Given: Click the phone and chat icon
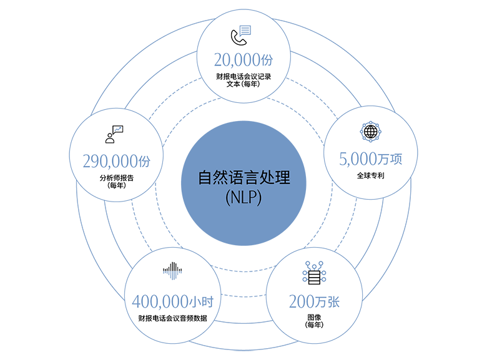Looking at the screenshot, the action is click(x=241, y=35).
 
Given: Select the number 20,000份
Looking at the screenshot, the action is click(x=243, y=60).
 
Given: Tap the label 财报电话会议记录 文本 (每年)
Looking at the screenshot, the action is click(x=243, y=80).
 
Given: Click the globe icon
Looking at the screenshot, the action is click(x=370, y=132).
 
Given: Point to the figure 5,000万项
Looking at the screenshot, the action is click(x=370, y=159).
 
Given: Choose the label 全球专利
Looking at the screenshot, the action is click(x=370, y=176).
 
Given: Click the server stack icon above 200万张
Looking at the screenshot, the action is click(x=314, y=273).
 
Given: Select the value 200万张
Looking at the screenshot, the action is click(x=314, y=301).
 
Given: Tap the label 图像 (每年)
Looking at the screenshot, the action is click(x=314, y=321).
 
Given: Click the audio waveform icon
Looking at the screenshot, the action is click(x=172, y=271).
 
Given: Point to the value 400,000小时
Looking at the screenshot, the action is click(x=173, y=301).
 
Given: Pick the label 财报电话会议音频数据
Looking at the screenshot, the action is click(x=173, y=318).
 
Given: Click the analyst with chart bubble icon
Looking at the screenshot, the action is click(x=114, y=134).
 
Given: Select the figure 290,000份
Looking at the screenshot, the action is click(x=117, y=162).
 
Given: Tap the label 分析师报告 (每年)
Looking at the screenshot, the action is click(x=117, y=182).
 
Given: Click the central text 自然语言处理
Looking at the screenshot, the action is click(x=244, y=178).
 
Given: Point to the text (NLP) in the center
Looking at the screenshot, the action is click(x=243, y=198).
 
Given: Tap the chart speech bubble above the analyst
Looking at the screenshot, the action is click(x=118, y=130).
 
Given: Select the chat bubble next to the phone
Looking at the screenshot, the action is click(x=245, y=31).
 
